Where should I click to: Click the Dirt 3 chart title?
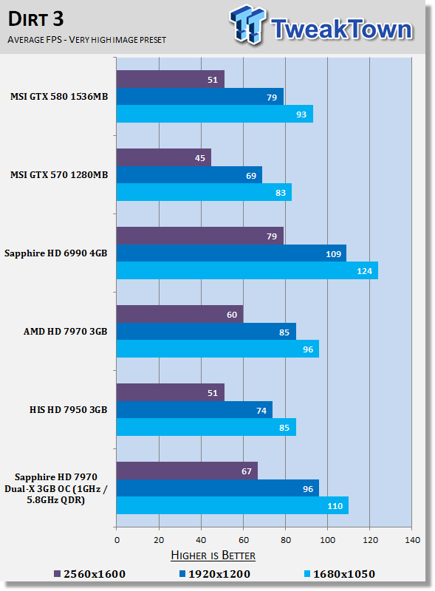pyautogui.click(x=35, y=19)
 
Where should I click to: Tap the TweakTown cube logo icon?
pyautogui.click(x=247, y=24)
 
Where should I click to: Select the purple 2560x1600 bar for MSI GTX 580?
pyautogui.click(x=171, y=79)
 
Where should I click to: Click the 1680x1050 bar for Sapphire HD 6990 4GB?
pyautogui.click(x=247, y=270)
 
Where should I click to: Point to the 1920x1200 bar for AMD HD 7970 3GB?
pyautogui.click(x=206, y=332)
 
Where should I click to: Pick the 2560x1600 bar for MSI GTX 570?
pyautogui.click(x=164, y=157)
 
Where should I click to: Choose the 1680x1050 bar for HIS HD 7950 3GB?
pyautogui.click(x=206, y=427)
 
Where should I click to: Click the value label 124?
pyautogui.click(x=365, y=271)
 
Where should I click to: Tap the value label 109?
pyautogui.click(x=333, y=254)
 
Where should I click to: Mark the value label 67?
pyautogui.click(x=247, y=471)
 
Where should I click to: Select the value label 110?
pyautogui.click(x=335, y=506)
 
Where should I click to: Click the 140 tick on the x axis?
pyautogui.click(x=412, y=540)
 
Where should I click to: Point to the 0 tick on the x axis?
pyautogui.click(x=117, y=540)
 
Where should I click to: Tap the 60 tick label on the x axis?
pyautogui.click(x=244, y=540)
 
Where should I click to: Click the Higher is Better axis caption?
pyautogui.click(x=213, y=556)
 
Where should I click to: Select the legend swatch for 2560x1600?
pyautogui.click(x=58, y=574)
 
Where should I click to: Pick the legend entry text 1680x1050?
pyautogui.click(x=344, y=574)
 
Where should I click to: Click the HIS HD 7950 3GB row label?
pyautogui.click(x=68, y=410)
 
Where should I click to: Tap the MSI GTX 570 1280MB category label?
pyautogui.click(x=59, y=175)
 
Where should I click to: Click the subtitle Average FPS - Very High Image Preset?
pyautogui.click(x=86, y=40)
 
